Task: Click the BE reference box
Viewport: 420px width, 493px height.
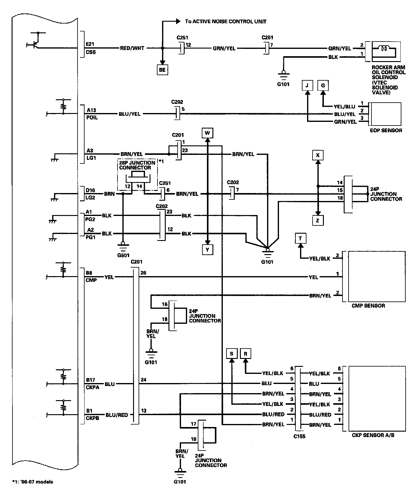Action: [162, 70]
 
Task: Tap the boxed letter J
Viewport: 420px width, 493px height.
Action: [307, 86]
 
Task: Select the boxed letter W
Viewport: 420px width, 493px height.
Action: [207, 133]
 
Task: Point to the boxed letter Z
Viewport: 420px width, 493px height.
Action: [318, 220]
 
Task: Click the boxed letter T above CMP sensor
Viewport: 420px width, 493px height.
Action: [301, 239]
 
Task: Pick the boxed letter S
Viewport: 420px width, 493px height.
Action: [232, 354]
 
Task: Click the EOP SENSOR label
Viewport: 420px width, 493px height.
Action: [386, 130]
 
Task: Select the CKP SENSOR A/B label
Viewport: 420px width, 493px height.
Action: [373, 435]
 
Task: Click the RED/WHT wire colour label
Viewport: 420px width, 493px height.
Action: [132, 48]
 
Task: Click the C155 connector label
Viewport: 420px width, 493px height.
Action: [299, 436]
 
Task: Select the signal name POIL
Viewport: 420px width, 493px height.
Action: [92, 118]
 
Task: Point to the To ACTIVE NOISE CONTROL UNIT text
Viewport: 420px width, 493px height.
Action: [226, 21]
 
